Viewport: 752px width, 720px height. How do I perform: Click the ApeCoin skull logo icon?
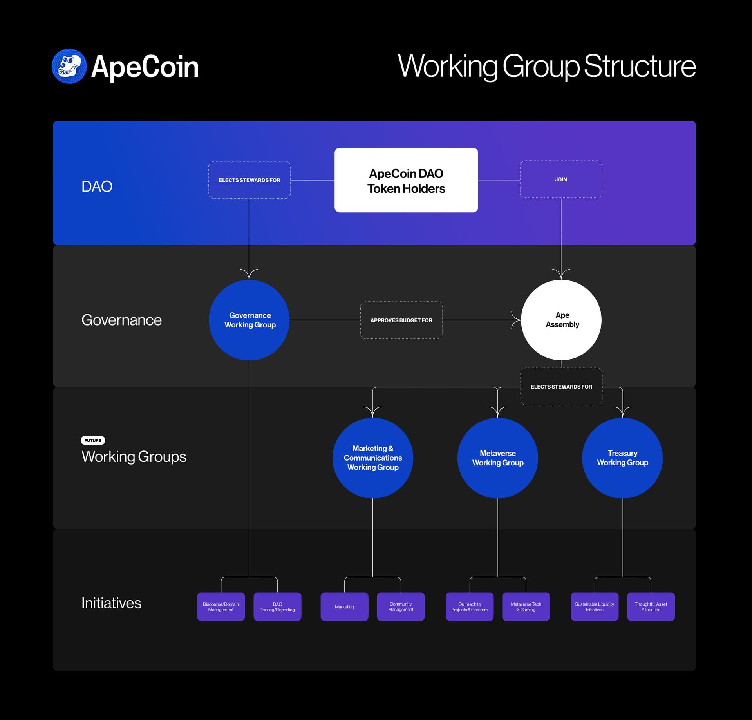pyautogui.click(x=69, y=66)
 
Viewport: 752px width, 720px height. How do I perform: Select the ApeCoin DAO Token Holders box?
pyautogui.click(x=406, y=180)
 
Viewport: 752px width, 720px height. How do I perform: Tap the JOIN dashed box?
pyautogui.click(x=560, y=179)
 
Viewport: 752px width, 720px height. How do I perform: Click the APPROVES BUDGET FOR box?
pyautogui.click(x=401, y=320)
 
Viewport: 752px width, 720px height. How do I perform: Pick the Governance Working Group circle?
pyautogui.click(x=249, y=320)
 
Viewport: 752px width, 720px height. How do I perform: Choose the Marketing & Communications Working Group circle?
pyautogui.click(x=372, y=458)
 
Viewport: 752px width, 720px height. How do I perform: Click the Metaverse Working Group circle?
pyautogui.click(x=497, y=458)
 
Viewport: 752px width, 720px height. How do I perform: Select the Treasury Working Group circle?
pyautogui.click(x=622, y=458)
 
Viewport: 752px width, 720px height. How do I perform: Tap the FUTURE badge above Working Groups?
pyautogui.click(x=93, y=440)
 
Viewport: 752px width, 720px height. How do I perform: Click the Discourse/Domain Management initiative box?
pyautogui.click(x=221, y=607)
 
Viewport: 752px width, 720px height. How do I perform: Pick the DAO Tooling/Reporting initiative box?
pyautogui.click(x=277, y=607)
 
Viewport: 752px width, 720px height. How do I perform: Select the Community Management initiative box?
pyautogui.click(x=401, y=607)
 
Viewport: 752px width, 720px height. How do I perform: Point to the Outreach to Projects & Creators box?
pyautogui.click(x=469, y=607)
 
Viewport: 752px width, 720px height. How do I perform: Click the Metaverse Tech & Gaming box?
pyautogui.click(x=526, y=607)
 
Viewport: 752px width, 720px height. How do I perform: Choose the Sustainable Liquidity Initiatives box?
pyautogui.click(x=595, y=607)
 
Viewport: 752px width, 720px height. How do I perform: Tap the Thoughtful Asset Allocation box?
pyautogui.click(x=651, y=607)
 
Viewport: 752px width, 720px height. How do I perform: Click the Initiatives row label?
pyautogui.click(x=111, y=603)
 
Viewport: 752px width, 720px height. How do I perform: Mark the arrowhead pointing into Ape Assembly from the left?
pyautogui.click(x=516, y=320)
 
